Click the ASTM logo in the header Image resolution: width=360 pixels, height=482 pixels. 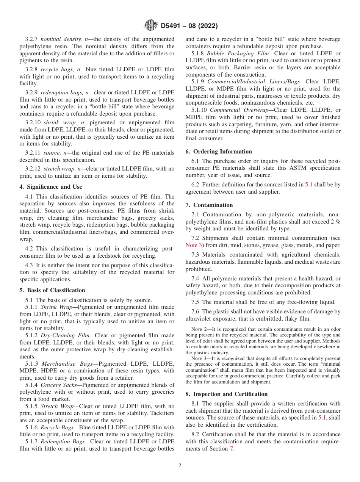pos(151,26)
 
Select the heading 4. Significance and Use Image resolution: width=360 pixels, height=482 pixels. pos(51,187)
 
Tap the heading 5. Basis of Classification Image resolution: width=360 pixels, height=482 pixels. pos(52,290)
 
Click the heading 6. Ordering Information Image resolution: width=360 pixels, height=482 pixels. pos(219,152)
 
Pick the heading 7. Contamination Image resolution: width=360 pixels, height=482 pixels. pos(209,205)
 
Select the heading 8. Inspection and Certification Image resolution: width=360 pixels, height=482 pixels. pos(227,394)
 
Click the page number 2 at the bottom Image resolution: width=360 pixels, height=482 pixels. pos(180,466)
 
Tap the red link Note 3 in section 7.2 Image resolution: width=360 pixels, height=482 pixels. pos(194,245)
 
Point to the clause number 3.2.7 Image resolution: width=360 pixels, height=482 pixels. pos(32,39)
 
